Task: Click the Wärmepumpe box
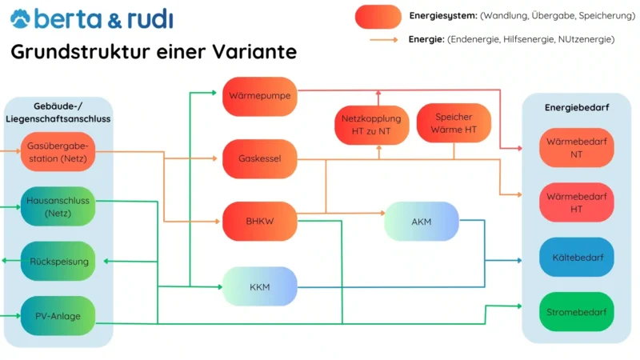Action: [260, 96]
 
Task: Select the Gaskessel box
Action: [260, 158]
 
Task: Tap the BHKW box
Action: [260, 222]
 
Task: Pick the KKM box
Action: [260, 286]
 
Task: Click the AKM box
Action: [422, 222]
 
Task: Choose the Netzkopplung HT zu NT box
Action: [371, 125]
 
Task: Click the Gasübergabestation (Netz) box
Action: [58, 151]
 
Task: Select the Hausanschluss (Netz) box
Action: [58, 206]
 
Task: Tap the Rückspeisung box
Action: [58, 261]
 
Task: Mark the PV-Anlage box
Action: [58, 315]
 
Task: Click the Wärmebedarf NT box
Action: [576, 147]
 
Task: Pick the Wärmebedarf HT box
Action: [576, 202]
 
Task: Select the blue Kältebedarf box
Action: [576, 258]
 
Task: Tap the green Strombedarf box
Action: [576, 312]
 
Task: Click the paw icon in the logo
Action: [21, 18]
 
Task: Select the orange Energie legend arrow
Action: [384, 38]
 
